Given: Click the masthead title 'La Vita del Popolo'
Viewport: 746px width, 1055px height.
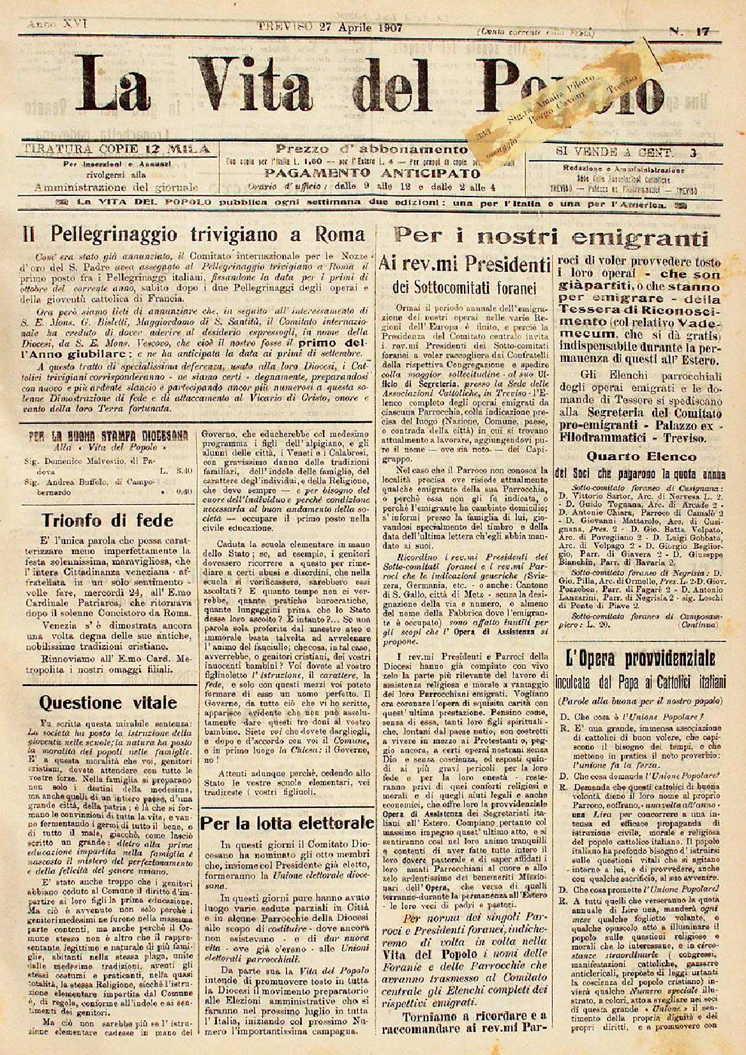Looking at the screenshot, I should (x=357, y=79).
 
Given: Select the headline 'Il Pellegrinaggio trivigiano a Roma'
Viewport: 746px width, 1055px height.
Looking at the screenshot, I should (x=194, y=234).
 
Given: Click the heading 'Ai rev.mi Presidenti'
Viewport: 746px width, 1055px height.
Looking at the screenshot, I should (x=464, y=262).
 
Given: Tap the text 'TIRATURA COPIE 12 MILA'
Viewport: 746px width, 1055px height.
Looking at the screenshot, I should (x=116, y=150).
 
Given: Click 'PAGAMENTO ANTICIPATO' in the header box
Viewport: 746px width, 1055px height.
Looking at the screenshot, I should (x=373, y=173).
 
